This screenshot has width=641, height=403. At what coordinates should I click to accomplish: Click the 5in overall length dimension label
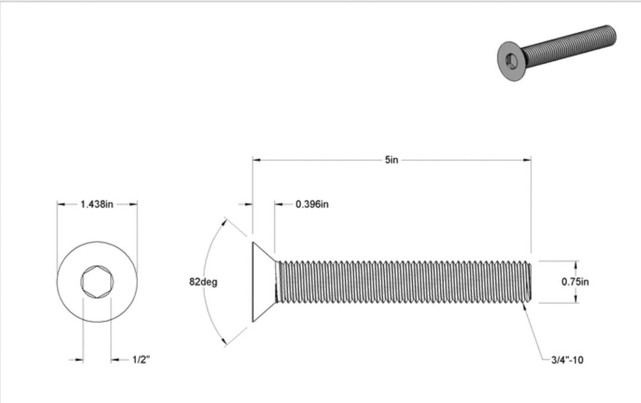pos(391,160)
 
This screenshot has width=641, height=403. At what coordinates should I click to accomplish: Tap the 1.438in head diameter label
pos(97,204)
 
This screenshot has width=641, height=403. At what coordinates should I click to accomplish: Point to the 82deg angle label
pos(203,282)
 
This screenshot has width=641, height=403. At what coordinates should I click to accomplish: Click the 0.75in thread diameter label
pos(575,282)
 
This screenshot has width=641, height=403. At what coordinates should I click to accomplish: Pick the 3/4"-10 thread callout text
pos(567,360)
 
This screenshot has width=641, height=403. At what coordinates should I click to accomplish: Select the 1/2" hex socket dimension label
pos(141,360)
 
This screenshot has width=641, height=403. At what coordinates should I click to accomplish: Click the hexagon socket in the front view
pos(97,282)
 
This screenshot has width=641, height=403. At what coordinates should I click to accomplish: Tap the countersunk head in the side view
pos(264,282)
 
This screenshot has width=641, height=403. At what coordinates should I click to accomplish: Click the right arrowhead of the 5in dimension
pos(527,160)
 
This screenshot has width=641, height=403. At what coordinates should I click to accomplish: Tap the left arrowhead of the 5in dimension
pos(257,160)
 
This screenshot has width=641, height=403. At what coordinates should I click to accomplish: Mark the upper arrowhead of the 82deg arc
pos(224,221)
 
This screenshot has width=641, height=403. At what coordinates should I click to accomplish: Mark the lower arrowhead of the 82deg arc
pos(224,342)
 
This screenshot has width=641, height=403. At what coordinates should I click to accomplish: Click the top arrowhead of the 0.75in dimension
pos(575,264)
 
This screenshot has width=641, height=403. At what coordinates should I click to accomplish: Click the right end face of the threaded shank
pos(530,282)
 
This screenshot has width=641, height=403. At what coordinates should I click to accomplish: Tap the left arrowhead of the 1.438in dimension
pos(61,204)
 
